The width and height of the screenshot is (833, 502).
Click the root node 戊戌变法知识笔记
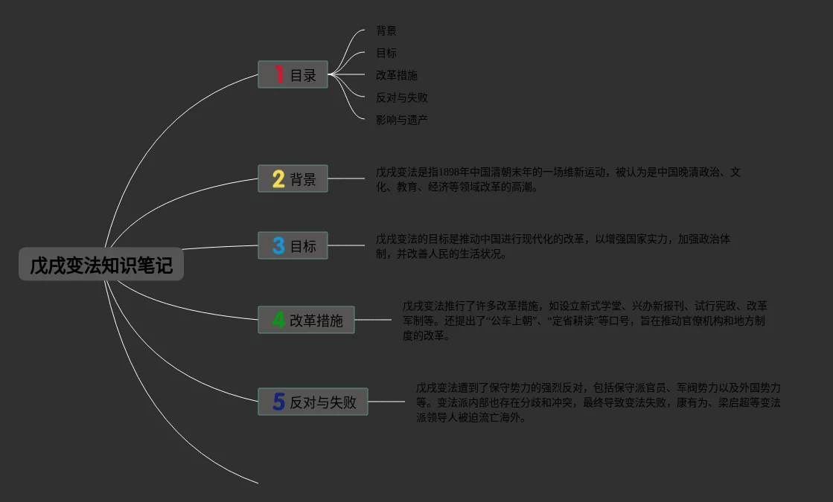click(x=100, y=265)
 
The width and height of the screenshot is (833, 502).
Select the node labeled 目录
click(x=293, y=74)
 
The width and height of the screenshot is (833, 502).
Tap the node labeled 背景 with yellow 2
click(x=293, y=178)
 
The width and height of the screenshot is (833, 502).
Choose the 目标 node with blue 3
click(x=293, y=245)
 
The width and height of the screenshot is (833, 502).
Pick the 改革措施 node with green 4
click(x=306, y=320)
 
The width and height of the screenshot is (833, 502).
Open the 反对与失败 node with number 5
click(x=313, y=402)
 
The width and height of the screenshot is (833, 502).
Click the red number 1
click(x=279, y=74)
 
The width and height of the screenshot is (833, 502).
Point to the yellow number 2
click(x=278, y=178)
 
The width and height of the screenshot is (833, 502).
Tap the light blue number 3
click(x=278, y=245)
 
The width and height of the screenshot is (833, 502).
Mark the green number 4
click(x=278, y=320)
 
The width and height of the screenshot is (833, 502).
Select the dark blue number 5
click(x=278, y=402)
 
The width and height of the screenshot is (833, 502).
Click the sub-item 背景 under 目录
click(x=386, y=31)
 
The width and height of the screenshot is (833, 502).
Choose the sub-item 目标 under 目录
click(x=386, y=54)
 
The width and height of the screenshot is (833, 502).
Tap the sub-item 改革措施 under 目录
click(x=396, y=76)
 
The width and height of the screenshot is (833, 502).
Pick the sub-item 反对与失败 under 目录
click(x=401, y=97)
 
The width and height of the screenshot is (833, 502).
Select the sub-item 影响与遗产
click(x=401, y=120)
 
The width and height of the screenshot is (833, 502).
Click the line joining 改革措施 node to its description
click(x=373, y=320)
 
